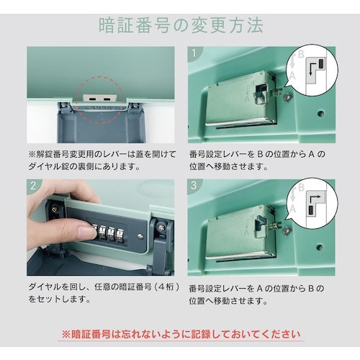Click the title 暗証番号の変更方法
pyautogui.click(x=179, y=25)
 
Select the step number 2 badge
pyautogui.click(x=34, y=186)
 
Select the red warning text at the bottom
pyautogui.click(x=179, y=335)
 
